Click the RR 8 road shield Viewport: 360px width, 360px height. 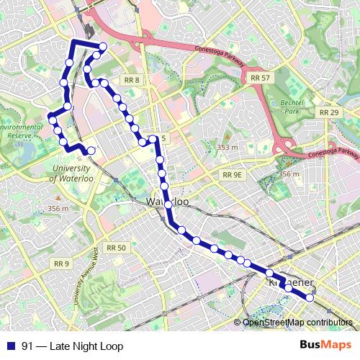click(x=131, y=80)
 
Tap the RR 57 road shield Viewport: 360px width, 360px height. click(x=261, y=76)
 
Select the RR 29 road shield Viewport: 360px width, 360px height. click(x=329, y=112)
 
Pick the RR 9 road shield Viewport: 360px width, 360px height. click(x=61, y=264)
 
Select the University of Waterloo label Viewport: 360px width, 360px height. click(x=76, y=173)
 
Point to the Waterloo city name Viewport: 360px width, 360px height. click(x=168, y=202)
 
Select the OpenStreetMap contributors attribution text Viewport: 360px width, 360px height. click(x=297, y=322)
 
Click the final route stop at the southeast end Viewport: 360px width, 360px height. click(x=310, y=297)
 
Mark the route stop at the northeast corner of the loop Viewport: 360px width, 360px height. click(x=103, y=48)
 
